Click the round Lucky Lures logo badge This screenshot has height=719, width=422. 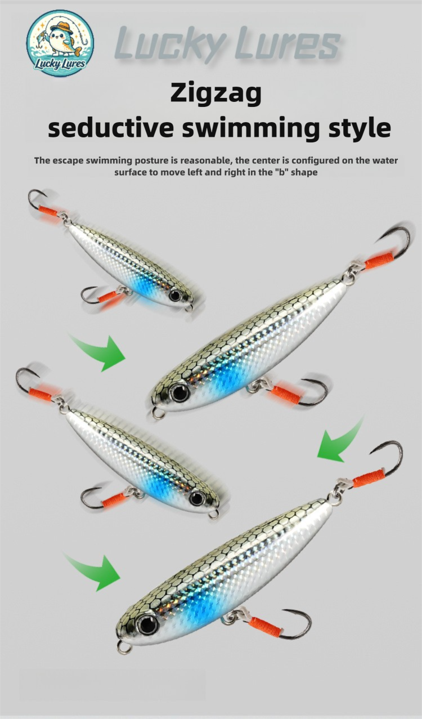[60, 43]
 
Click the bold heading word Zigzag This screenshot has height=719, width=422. [216, 93]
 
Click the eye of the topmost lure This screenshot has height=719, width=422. [175, 295]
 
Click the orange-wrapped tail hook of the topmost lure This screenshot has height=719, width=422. [44, 206]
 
